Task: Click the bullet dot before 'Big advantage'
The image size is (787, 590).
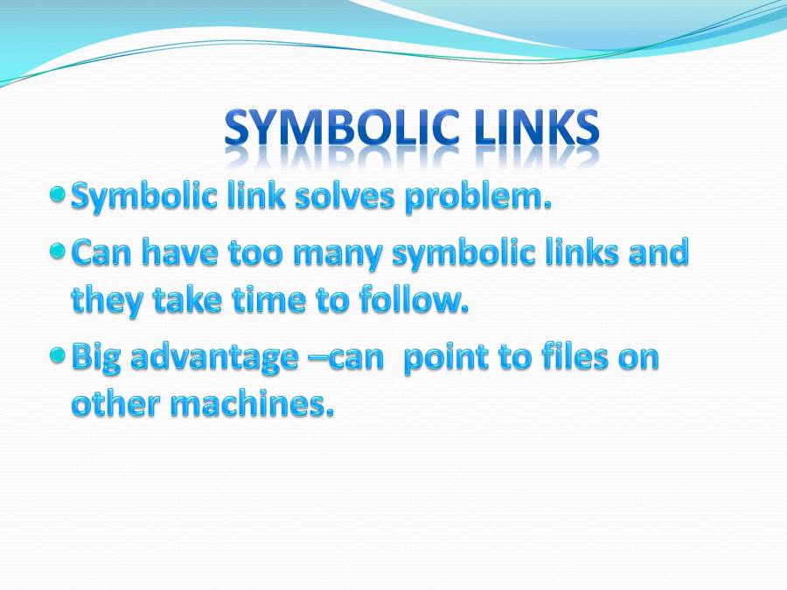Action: pyautogui.click(x=58, y=356)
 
